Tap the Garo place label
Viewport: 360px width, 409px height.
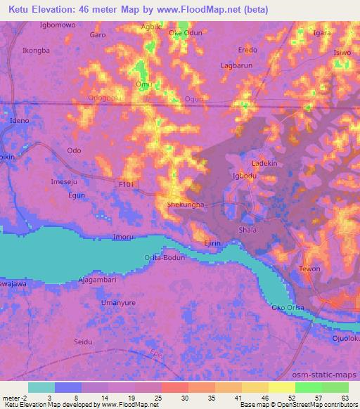click(98, 34)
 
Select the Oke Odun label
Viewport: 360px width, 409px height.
click(184, 32)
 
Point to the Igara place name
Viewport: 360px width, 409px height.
click(323, 33)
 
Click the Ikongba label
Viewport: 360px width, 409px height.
click(36, 51)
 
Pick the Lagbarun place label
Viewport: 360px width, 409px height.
click(237, 65)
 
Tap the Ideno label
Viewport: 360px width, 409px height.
click(18, 121)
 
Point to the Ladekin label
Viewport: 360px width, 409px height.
click(265, 163)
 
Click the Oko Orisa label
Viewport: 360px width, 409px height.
click(288, 308)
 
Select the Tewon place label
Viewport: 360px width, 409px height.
click(309, 269)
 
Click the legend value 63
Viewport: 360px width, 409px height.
click(345, 398)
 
